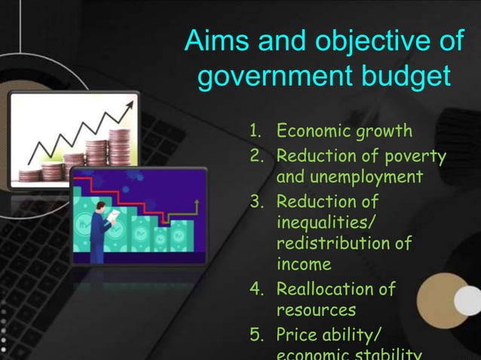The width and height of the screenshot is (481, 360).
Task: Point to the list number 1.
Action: [255, 132]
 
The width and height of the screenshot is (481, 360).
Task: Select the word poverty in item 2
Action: [415, 157]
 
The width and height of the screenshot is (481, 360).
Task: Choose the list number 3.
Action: [255, 202]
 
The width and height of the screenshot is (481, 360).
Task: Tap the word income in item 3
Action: [304, 265]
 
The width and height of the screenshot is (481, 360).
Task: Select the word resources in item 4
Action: [316, 310]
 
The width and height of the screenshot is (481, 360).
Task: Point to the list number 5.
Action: [255, 334]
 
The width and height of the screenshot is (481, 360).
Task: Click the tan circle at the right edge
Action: [444, 301]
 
